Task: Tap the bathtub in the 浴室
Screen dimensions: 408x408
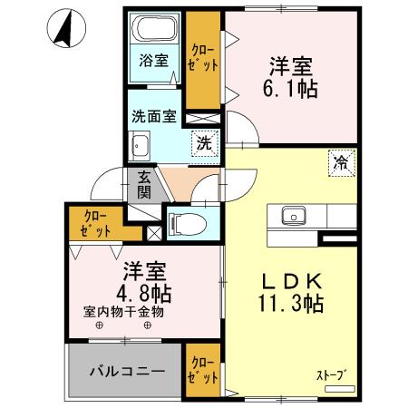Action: click(153, 29)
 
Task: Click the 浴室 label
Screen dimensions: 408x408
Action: click(153, 62)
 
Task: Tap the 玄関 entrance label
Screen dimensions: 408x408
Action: click(144, 186)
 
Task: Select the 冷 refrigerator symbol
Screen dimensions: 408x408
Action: click(340, 165)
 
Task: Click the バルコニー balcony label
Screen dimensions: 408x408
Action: click(126, 373)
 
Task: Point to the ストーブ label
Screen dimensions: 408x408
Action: click(331, 373)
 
